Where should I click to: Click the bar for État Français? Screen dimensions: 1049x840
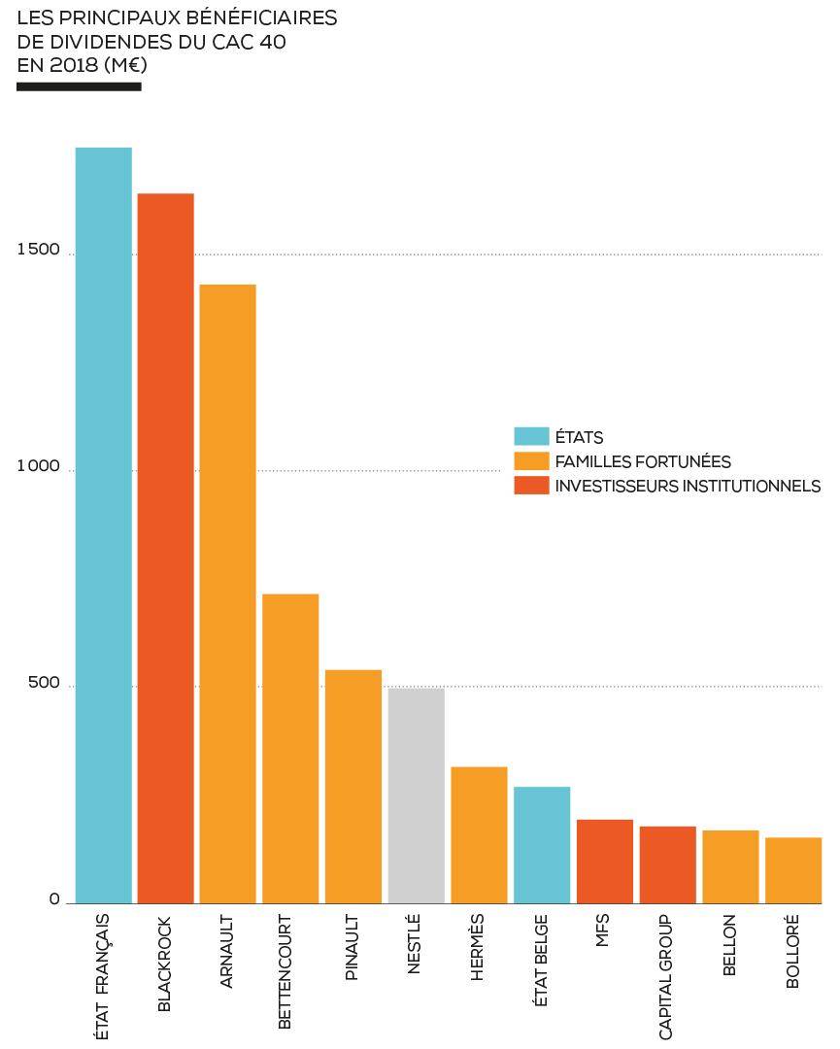[x=104, y=524]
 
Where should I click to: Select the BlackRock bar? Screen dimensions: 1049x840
[x=166, y=549]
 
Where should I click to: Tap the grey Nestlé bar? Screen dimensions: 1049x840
[x=417, y=795]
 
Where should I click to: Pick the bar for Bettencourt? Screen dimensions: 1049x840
[x=290, y=748]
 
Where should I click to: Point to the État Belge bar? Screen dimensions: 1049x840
[x=542, y=845]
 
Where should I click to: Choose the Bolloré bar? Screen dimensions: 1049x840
[x=793, y=870]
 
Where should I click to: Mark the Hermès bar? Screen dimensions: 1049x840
[x=479, y=835]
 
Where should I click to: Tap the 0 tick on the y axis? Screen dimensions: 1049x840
[x=55, y=899]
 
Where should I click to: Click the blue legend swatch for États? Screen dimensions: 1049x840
[x=531, y=436]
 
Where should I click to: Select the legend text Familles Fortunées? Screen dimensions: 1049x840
[x=643, y=461]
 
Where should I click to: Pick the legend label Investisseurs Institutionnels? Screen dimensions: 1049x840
[x=688, y=486]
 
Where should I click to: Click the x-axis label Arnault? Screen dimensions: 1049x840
[x=227, y=951]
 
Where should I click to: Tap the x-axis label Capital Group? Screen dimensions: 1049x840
[x=666, y=976]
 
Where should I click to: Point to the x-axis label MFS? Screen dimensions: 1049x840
[x=603, y=931]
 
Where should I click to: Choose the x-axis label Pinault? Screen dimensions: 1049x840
[x=353, y=947]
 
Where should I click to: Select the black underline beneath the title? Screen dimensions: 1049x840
[x=79, y=86]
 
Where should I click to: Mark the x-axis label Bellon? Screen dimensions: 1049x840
[x=729, y=944]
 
